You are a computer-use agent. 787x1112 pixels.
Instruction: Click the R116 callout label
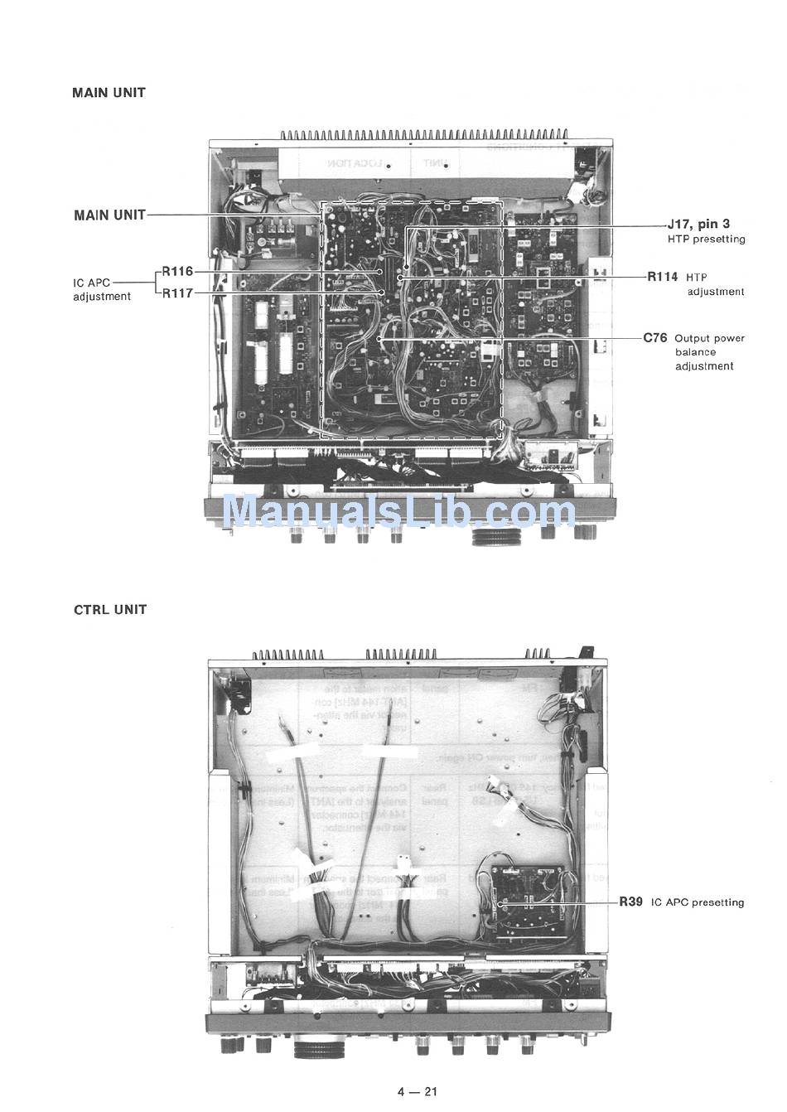click(x=177, y=271)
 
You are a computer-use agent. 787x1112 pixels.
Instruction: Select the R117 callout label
click(x=177, y=293)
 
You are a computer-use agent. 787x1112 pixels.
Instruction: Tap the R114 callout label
click(x=663, y=277)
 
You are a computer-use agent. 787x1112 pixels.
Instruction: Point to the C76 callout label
click(x=655, y=338)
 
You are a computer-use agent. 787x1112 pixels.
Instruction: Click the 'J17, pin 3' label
click(x=698, y=224)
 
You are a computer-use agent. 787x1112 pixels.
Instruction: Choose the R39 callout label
click(x=630, y=902)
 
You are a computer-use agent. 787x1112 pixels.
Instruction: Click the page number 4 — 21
click(x=417, y=1090)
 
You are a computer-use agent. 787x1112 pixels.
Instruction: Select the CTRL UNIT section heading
click(x=110, y=610)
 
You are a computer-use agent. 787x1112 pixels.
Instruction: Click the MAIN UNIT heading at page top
click(x=109, y=93)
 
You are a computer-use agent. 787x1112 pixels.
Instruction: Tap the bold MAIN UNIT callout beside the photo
click(x=109, y=215)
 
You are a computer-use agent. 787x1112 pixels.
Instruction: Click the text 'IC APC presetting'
click(x=698, y=902)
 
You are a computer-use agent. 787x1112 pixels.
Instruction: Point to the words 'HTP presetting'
click(x=706, y=239)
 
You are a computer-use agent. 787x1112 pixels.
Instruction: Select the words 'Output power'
click(x=709, y=338)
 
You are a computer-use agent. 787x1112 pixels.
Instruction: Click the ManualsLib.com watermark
click(x=398, y=511)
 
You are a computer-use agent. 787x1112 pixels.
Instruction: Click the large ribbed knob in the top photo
click(x=495, y=537)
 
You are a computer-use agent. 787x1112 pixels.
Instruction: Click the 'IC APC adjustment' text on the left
click(x=101, y=289)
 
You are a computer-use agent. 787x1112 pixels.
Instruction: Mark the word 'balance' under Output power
click(x=695, y=352)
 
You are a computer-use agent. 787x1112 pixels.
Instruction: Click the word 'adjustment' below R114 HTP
click(x=716, y=292)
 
